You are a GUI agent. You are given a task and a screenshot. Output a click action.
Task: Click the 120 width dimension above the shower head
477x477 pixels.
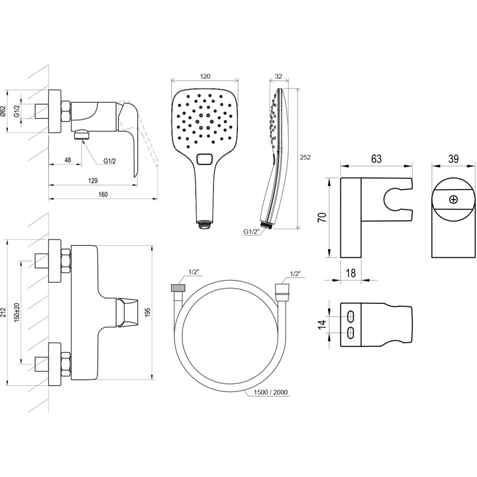pos(205,76)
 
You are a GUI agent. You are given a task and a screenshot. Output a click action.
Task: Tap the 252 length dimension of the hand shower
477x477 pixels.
pos(305,157)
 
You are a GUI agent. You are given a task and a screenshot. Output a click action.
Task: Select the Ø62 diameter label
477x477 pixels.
pos(3,111)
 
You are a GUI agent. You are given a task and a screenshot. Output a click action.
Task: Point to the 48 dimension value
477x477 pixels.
pos(68,160)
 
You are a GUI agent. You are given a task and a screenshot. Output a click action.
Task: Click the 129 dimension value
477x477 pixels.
pos(93,181)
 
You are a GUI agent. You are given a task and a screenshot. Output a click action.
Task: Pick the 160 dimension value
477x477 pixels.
pos(103,195)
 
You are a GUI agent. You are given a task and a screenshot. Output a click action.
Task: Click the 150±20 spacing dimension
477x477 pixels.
pos(16,312)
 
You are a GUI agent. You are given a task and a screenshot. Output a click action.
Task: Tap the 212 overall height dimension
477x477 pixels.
pos(3,313)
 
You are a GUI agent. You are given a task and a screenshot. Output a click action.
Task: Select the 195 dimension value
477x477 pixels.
pos(147,312)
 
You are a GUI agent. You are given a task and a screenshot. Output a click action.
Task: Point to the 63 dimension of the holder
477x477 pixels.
pos(376,159)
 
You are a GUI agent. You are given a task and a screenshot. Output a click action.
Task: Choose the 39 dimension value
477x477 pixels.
pos(453,159)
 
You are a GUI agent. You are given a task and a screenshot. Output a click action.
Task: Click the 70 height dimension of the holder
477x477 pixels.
pos(323,217)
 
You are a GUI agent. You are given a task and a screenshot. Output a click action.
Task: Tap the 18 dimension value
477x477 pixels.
pos(351,273)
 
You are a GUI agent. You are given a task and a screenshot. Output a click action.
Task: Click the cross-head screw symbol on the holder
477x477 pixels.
pos(453,199)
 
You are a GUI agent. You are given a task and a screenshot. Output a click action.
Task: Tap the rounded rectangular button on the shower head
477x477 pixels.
pos(206,159)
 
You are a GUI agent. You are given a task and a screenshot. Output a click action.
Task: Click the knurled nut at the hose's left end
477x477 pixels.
pos(178,288)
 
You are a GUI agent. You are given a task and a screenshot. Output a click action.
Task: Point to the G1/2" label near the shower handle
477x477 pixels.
pos(251,232)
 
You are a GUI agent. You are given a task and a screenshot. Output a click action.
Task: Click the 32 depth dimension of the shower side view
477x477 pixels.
pos(279,76)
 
